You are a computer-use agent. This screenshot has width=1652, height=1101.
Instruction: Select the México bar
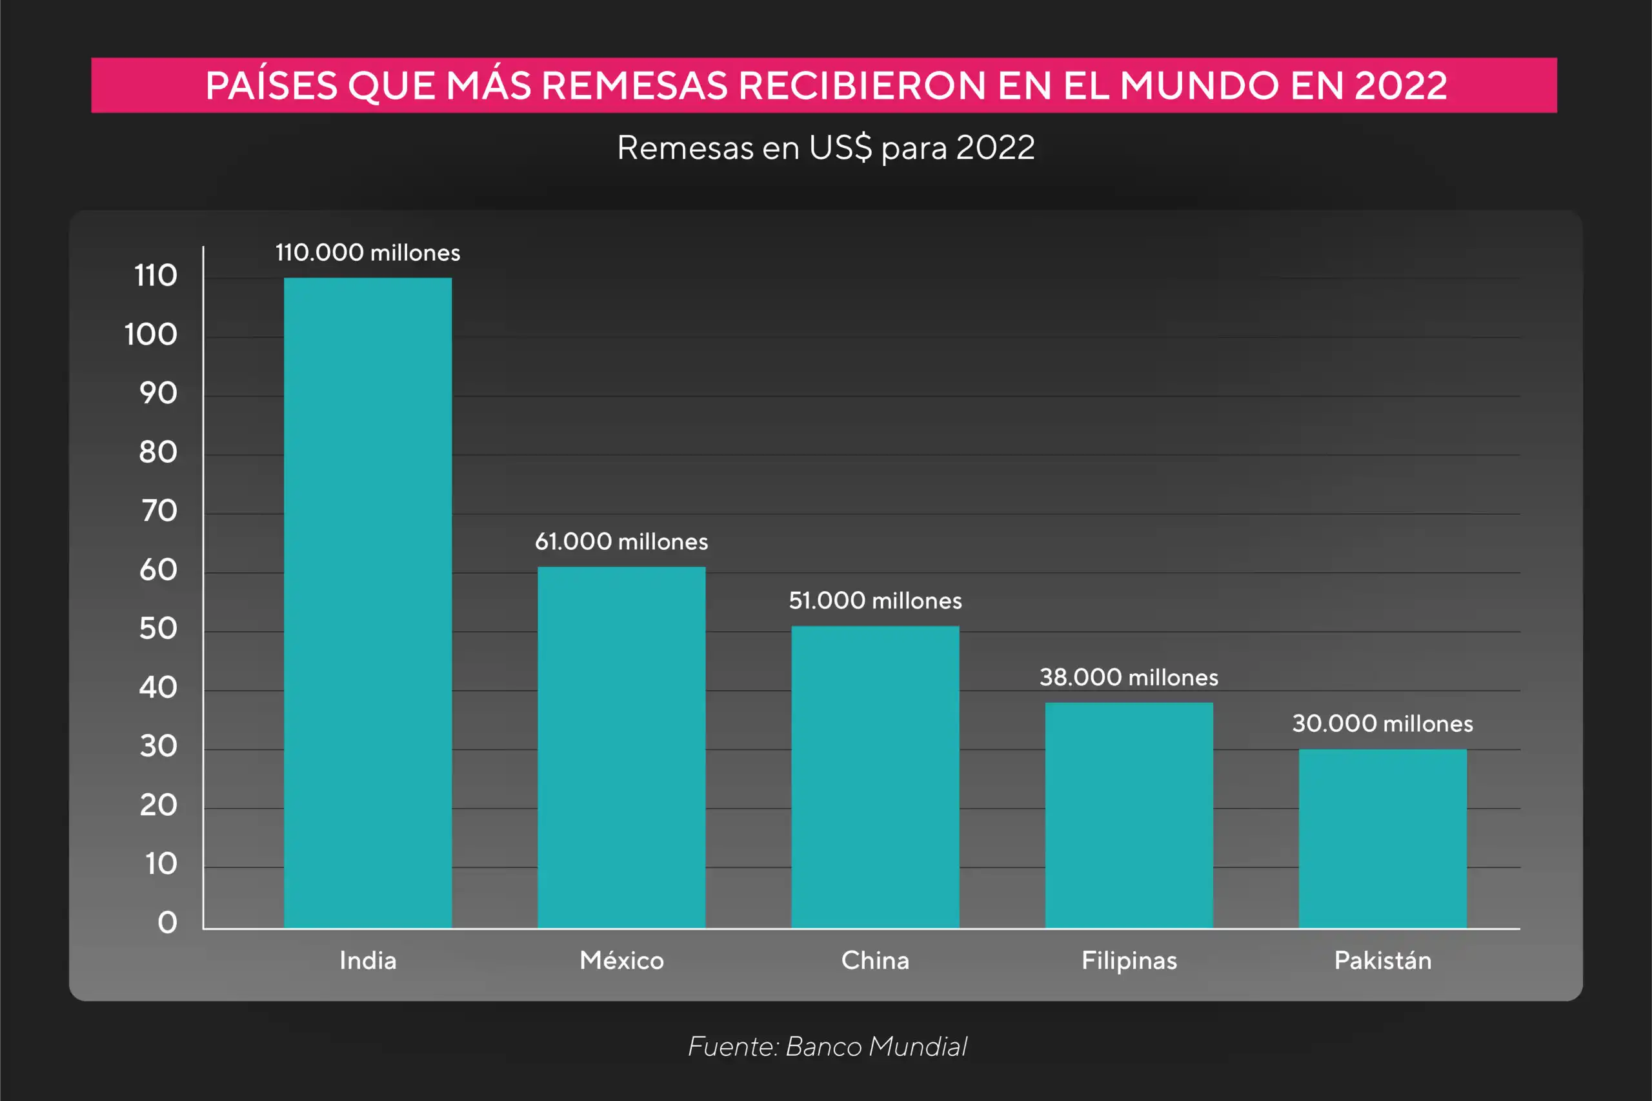621,747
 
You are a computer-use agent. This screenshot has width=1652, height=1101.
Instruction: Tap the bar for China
875,776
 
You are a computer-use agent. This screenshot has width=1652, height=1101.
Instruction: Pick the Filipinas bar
1129,815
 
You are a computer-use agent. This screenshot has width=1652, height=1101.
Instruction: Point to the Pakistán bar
1382,838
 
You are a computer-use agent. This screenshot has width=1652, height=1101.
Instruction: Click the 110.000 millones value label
367,253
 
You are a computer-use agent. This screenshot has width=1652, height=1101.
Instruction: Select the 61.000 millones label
621,541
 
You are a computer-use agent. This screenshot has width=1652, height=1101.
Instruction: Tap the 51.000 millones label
875,600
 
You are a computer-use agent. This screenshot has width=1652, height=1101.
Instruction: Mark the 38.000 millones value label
1129,677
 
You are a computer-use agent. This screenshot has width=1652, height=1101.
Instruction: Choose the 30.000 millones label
1382,723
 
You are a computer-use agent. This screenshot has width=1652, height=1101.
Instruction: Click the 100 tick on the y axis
151,334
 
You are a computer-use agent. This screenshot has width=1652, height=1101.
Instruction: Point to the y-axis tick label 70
159,510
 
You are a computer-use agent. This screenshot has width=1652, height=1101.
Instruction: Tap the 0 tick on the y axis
167,922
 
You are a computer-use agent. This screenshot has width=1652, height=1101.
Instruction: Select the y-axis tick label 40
158,687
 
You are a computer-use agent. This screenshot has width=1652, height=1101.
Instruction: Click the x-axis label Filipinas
1129,960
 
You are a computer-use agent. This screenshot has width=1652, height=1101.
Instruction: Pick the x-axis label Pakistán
1382,960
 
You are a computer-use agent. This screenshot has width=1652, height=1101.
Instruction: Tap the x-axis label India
367,960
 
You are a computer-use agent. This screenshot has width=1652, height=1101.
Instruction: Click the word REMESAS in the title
635,86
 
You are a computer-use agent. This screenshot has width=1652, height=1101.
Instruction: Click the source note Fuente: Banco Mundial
827,1046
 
